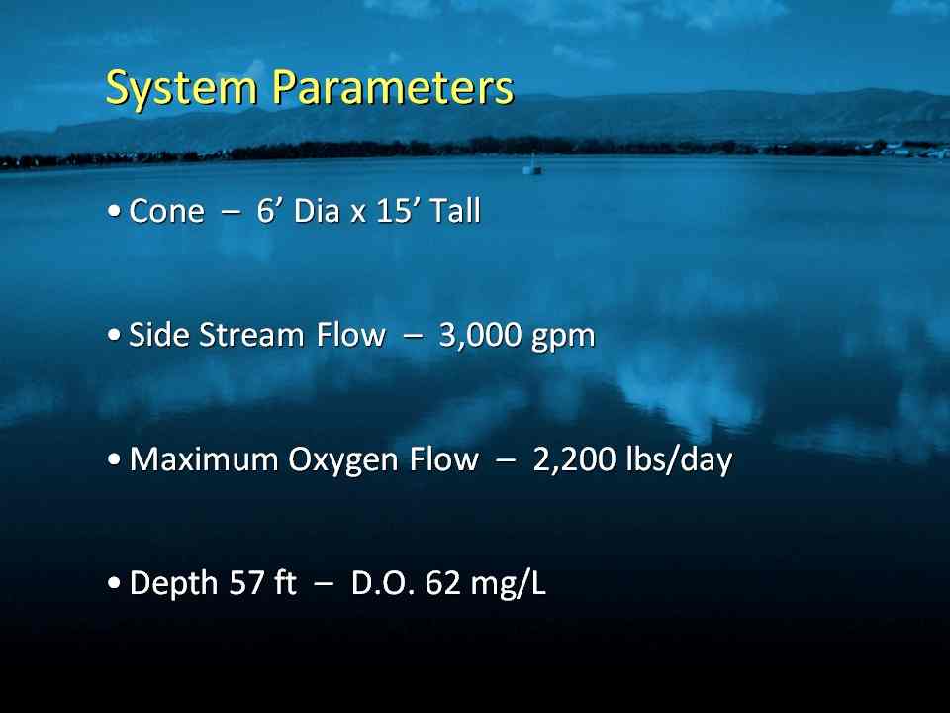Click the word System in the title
(182, 89)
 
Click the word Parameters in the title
(393, 87)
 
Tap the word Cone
(166, 212)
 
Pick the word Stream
(251, 335)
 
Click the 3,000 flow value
(479, 336)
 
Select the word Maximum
(204, 458)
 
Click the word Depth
(173, 584)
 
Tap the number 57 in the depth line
(246, 583)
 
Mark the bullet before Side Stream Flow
(114, 335)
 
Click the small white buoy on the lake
(532, 165)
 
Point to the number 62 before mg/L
(443, 583)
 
